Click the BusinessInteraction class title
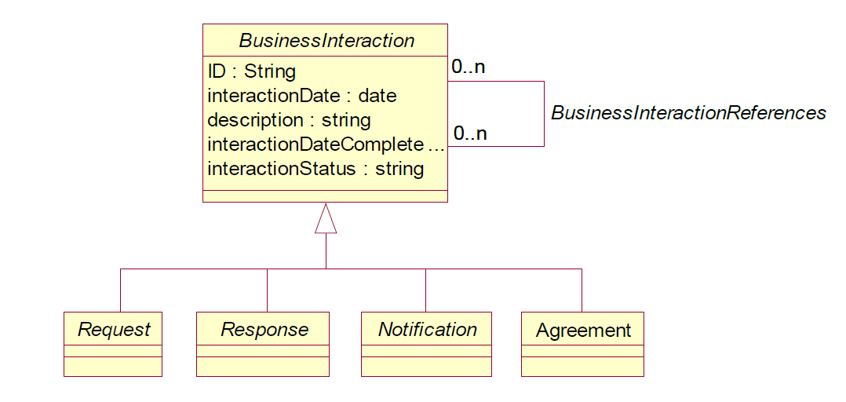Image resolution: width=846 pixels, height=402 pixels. point(326,41)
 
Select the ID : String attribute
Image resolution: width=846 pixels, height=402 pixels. point(251,71)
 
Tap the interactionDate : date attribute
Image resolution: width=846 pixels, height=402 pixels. point(301,96)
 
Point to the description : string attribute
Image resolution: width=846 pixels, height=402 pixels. point(289,120)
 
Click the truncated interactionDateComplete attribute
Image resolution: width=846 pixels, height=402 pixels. point(326,144)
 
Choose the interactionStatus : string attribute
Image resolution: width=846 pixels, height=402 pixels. point(315,169)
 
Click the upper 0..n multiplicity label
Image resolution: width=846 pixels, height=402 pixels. point(469,68)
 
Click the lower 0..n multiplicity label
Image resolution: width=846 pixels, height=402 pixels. point(470,133)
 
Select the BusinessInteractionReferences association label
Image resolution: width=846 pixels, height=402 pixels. point(688,113)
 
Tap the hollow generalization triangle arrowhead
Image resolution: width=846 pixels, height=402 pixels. point(326,220)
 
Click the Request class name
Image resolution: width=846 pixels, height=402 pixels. point(114,329)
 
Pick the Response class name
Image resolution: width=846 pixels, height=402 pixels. point(264,329)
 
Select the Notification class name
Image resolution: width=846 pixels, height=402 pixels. point(427,329)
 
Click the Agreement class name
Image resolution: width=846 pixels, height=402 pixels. point(583,331)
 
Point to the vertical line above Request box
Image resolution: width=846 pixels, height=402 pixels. point(120,290)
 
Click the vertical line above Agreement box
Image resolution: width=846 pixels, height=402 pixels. point(582,290)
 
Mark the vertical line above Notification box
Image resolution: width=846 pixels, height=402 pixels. point(425,290)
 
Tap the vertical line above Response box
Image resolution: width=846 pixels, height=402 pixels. point(267,290)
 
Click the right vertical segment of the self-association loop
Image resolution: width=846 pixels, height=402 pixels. point(544,113)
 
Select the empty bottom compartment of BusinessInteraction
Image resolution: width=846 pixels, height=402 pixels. point(326,196)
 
